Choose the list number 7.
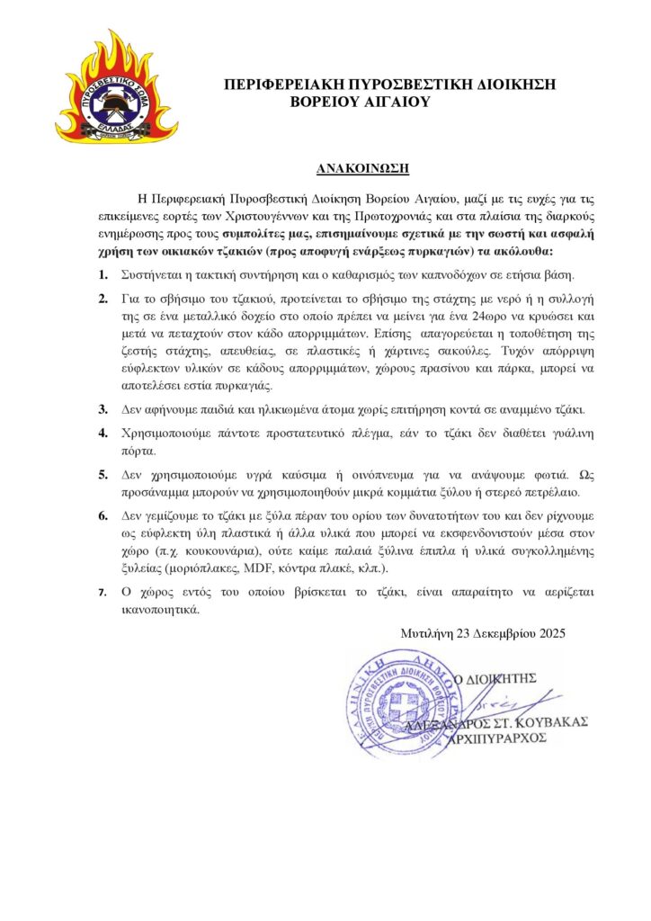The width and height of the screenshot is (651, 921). click(103, 592)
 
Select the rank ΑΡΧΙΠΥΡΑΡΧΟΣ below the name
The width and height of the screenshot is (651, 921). click(512, 738)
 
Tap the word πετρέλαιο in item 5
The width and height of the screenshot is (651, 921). click(539, 492)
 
